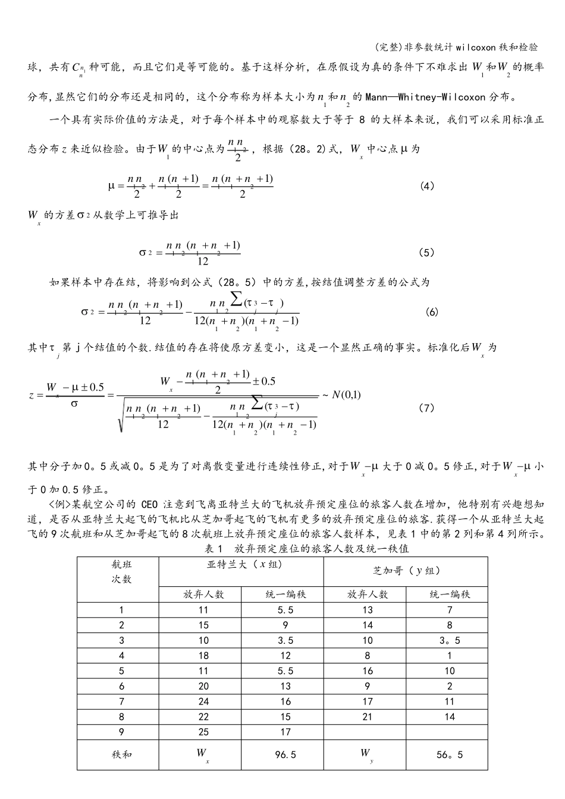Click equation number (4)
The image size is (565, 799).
427,186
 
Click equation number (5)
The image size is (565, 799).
427,253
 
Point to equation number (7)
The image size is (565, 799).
427,408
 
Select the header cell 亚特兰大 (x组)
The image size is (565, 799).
241,565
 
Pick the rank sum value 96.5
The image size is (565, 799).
285,754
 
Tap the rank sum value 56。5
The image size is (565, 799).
450,754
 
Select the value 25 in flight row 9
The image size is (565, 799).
203,732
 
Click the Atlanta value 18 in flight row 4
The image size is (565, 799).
203,656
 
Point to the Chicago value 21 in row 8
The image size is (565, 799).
368,717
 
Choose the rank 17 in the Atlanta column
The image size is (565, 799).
285,732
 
